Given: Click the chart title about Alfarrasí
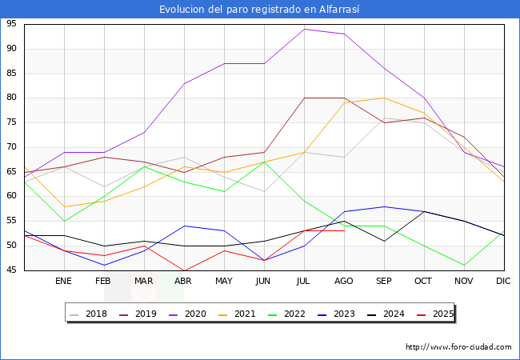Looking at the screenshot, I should tap(260, 9).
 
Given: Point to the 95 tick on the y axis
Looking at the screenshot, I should tap(12, 24).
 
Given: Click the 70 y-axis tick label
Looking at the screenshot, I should tap(12, 147).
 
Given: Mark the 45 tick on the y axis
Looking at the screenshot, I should tap(12, 270).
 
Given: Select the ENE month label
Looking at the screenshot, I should tap(63, 282).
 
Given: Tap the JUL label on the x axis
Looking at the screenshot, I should tap(304, 282).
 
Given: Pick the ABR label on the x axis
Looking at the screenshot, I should tap(183, 282).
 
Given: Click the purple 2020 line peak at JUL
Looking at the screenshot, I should tap(304, 29).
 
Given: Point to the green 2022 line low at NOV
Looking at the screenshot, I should tap(464, 265).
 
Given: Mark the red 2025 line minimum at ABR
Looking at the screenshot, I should tap(184, 270).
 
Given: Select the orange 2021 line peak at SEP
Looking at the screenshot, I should tap(384, 98).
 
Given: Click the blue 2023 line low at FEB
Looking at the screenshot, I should tap(104, 265).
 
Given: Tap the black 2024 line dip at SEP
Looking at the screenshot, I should tap(384, 241).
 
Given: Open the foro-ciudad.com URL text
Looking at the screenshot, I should tap(458, 347).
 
